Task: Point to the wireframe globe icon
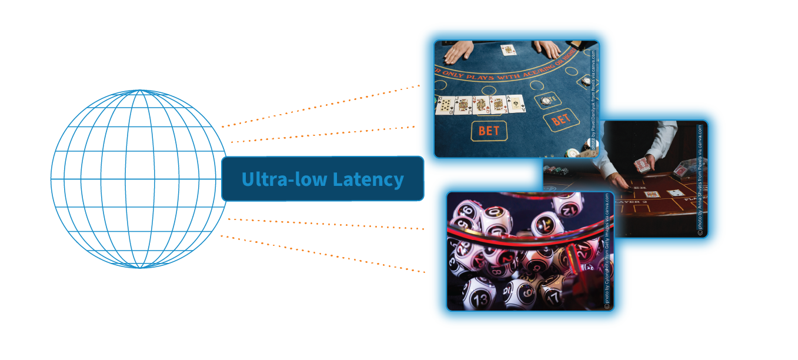[139, 179]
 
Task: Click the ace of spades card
[516, 104]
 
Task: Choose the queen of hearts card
[481, 105]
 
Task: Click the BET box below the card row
[489, 131]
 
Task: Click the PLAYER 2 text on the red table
[630, 202]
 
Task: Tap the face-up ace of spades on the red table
[675, 193]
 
